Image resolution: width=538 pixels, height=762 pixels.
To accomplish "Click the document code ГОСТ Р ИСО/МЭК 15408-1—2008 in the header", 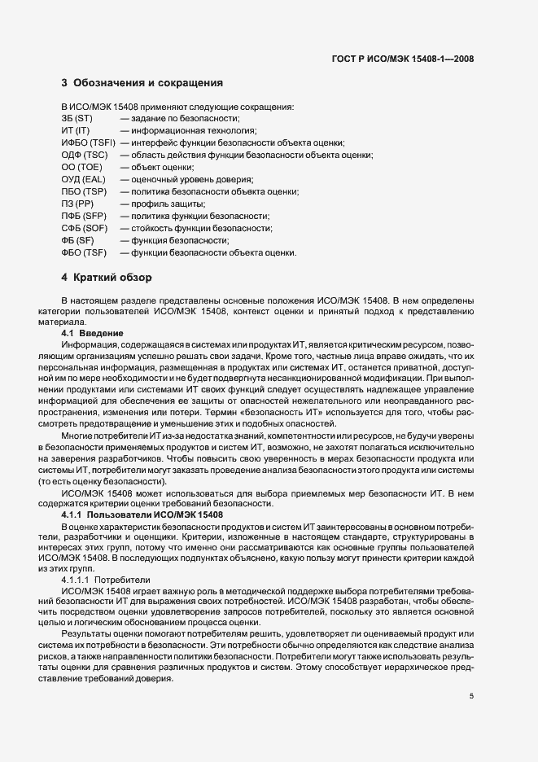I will point(404,59).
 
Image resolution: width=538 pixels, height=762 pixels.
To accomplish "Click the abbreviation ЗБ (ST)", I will point(77,118).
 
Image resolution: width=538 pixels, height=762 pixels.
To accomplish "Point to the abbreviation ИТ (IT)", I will point(74,130).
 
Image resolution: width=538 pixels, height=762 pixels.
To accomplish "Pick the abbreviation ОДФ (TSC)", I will point(84,155).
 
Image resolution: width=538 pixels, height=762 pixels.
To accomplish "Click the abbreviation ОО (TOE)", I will point(80,167).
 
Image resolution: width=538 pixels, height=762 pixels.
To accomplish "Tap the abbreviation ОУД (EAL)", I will point(83,179).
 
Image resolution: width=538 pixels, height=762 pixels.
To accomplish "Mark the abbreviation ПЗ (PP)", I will point(77,204).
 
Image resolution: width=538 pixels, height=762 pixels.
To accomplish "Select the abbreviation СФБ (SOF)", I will point(85,228).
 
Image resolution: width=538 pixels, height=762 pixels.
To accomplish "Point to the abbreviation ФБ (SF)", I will point(77,240).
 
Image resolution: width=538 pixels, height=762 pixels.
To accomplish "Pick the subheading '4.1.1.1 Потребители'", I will point(106,579).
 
